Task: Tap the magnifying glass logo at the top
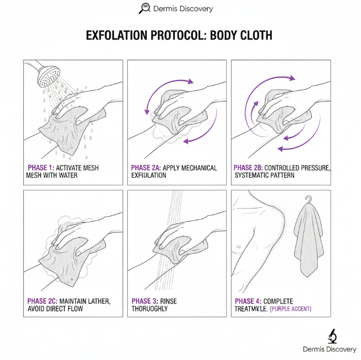145,8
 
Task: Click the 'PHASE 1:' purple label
41,168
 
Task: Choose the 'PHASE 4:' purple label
249,301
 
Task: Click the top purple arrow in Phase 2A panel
177,81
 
